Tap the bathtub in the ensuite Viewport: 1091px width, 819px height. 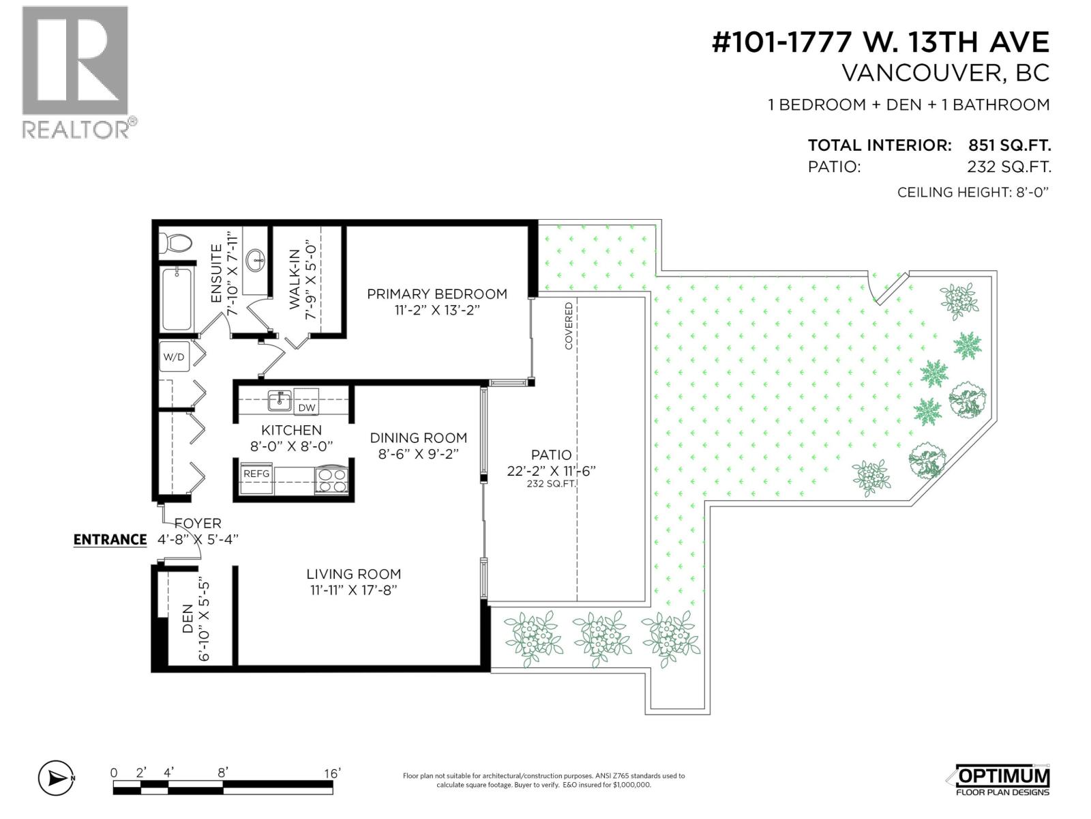[177, 298]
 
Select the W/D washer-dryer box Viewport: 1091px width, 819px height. [173, 357]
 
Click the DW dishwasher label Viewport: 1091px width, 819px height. [307, 407]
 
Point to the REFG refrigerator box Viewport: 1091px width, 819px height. [256, 474]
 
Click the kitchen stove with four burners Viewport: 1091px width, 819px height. [331, 480]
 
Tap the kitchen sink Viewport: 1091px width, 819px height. [279, 401]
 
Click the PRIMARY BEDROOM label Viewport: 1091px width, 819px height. [436, 294]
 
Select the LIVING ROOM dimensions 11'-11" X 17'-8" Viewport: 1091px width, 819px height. [353, 590]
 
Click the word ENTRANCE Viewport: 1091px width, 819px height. [110, 540]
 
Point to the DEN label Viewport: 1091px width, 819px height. [188, 619]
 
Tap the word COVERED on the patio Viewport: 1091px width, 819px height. [569, 326]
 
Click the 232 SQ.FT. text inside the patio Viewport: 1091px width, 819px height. [550, 484]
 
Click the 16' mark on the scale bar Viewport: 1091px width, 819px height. [331, 773]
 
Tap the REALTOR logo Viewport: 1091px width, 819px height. [76, 72]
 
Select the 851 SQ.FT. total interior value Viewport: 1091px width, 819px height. [1009, 145]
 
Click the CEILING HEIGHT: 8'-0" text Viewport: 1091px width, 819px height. [972, 192]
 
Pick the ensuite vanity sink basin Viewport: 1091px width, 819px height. [258, 259]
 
